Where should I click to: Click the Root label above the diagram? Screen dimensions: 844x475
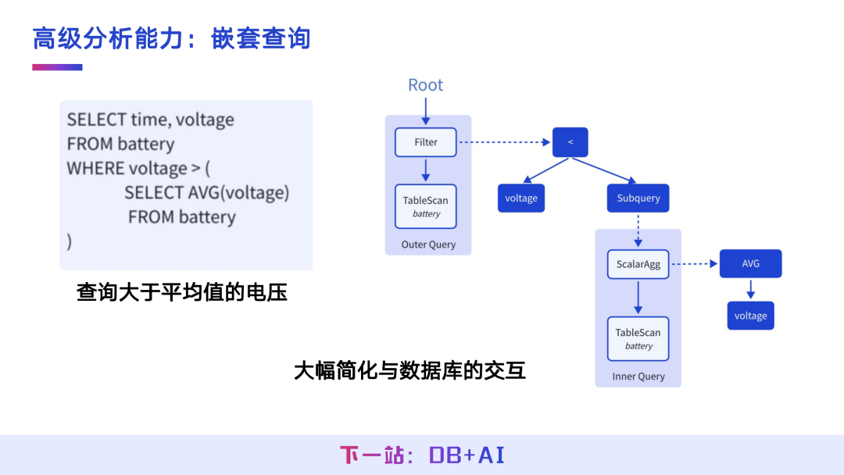point(425,85)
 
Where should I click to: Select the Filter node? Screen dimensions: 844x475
point(426,142)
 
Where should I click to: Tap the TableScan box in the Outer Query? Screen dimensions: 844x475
point(426,206)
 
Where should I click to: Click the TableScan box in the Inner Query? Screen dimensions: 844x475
point(638,339)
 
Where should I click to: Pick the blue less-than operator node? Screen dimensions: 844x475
point(570,142)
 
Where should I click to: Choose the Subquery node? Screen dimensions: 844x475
point(638,198)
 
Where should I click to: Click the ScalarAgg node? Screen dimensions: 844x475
point(638,264)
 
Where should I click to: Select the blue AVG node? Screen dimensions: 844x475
point(751,263)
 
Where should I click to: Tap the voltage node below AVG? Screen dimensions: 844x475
point(751,316)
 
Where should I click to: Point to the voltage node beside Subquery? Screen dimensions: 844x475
point(521,198)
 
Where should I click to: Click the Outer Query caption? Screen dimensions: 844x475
point(428,245)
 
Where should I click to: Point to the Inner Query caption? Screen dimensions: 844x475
point(638,377)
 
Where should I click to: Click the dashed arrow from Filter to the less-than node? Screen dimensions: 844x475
point(504,142)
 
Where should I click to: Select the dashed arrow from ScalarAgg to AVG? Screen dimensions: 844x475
point(695,263)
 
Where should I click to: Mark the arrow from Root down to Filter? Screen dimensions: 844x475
point(426,112)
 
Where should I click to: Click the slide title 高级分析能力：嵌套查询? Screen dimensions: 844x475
point(172,39)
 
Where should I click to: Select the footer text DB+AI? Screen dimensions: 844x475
point(467,455)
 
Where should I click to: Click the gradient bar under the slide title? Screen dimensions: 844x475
point(57,67)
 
